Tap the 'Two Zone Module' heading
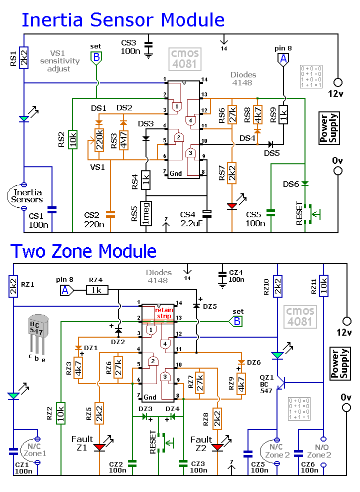83,251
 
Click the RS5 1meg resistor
146,213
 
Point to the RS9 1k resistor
283,115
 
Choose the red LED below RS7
232,206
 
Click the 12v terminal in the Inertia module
338,82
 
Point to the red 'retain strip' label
164,313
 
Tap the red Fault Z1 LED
99,446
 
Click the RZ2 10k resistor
61,413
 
